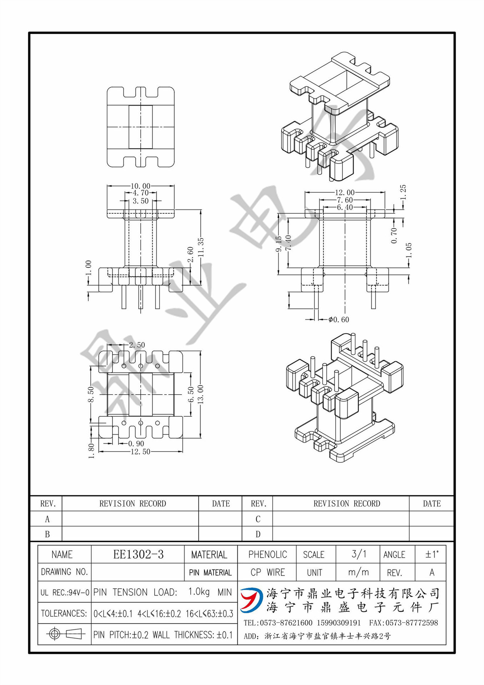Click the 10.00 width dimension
(x=140, y=186)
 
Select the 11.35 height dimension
(x=201, y=247)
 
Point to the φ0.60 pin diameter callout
(x=339, y=319)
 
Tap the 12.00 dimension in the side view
(x=344, y=193)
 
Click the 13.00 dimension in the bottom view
(x=200, y=394)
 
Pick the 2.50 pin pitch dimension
(x=137, y=345)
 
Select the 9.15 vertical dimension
(x=279, y=243)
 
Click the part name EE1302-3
(x=138, y=554)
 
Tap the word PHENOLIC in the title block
(x=267, y=554)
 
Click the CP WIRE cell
(x=267, y=572)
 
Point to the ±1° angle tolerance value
(x=432, y=554)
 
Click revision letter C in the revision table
(x=258, y=519)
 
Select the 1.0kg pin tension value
(x=199, y=592)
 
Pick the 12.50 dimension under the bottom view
(x=140, y=452)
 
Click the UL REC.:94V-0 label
(x=65, y=593)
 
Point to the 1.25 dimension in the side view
(x=403, y=192)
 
